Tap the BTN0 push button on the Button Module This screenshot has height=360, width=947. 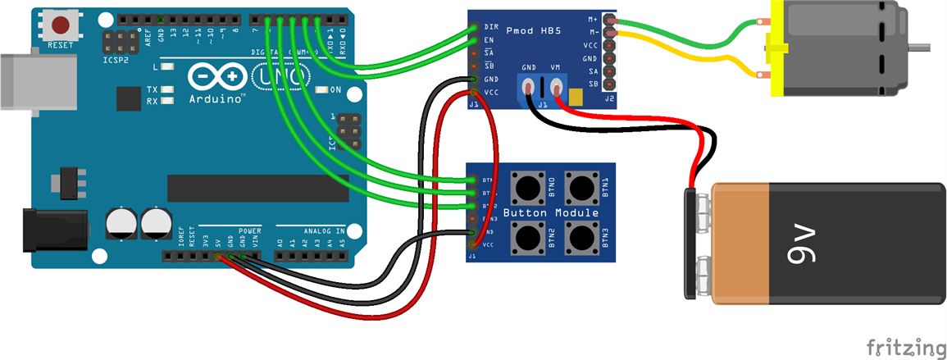(x=527, y=188)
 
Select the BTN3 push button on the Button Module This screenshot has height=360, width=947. (x=583, y=238)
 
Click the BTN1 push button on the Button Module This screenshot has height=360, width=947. (x=583, y=188)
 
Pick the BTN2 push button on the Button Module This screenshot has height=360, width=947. (x=527, y=238)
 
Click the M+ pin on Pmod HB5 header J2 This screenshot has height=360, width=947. (x=608, y=19)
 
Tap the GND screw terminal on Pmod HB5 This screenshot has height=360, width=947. (x=530, y=85)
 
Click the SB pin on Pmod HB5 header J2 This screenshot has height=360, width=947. (x=608, y=84)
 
